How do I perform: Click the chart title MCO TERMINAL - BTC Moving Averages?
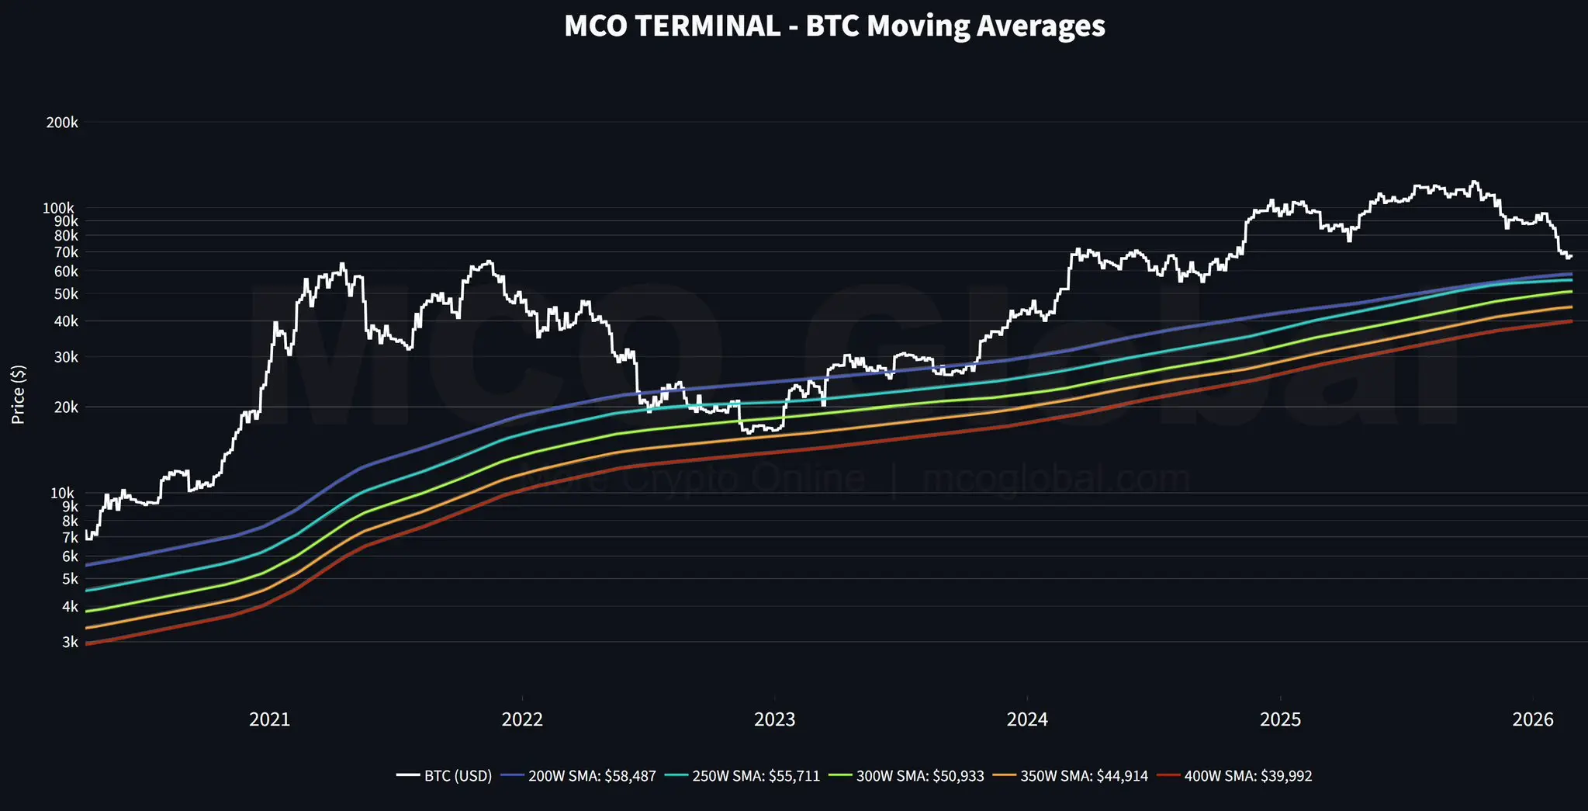point(834,26)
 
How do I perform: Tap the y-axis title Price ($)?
point(19,394)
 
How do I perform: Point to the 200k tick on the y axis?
point(62,123)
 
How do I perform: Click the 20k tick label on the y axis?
point(64,407)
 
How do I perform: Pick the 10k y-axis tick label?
point(64,493)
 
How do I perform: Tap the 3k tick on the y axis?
point(69,642)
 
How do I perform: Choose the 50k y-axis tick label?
point(65,293)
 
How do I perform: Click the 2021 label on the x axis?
point(269,719)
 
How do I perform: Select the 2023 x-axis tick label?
point(774,719)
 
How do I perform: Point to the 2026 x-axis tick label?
point(1532,719)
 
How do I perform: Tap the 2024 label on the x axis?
point(1027,719)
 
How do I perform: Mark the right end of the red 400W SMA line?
point(1572,321)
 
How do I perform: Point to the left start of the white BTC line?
point(86,535)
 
